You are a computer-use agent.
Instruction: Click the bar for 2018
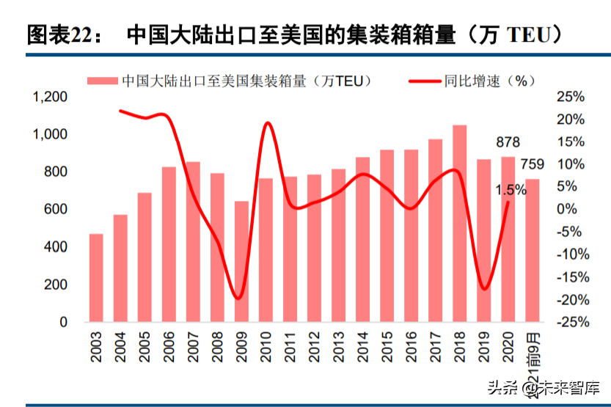pos(460,223)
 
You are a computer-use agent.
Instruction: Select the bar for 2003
pos(96,277)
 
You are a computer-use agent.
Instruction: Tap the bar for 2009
pos(241,261)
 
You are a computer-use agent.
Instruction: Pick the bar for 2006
pos(169,243)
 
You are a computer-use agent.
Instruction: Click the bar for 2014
pos(362,239)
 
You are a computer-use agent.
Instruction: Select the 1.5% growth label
pos(511,190)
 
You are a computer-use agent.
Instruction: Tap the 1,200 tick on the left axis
pos(49,97)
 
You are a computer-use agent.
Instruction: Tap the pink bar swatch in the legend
pos(103,81)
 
